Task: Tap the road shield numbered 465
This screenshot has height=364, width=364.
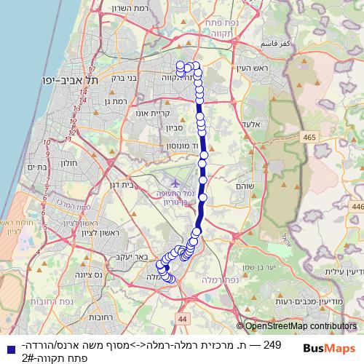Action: [x=310, y=138]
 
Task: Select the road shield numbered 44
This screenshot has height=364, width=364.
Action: [x=182, y=319]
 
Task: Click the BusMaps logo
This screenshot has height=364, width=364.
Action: [x=325, y=348]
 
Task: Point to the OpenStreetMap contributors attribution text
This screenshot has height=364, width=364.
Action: [x=300, y=327]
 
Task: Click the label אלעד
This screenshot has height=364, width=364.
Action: [x=251, y=124]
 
